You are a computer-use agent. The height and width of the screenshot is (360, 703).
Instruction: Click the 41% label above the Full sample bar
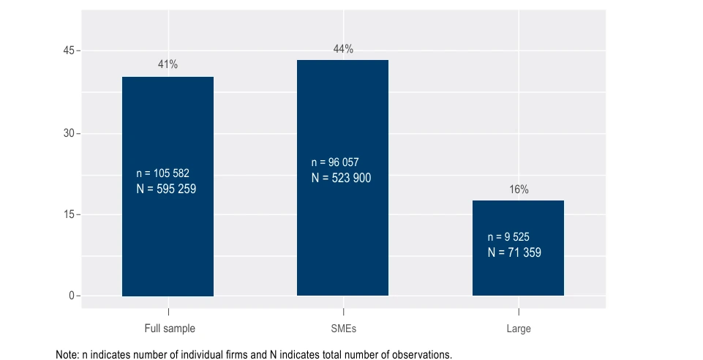click(168, 64)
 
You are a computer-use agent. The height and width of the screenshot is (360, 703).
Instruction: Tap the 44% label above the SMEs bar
click(343, 49)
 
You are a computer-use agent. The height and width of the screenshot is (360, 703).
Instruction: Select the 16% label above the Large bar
click(519, 190)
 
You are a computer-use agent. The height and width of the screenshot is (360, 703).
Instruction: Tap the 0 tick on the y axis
click(72, 296)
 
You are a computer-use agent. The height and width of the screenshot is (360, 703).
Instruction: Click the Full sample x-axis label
click(170, 329)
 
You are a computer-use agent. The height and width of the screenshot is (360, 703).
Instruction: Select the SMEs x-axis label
click(343, 329)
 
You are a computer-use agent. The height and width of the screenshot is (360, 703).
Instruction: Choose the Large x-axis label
click(519, 329)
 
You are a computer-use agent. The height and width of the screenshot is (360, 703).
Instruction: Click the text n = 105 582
click(162, 173)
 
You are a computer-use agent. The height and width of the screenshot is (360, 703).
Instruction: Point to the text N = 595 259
click(166, 189)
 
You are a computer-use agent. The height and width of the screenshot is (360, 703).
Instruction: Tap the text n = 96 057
click(335, 162)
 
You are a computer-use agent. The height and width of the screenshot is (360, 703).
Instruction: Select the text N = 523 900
click(341, 178)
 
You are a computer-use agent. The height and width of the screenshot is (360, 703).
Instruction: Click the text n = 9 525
click(508, 237)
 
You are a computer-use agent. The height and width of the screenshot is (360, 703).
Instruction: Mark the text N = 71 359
click(514, 252)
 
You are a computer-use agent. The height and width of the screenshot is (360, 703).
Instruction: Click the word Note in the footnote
click(66, 355)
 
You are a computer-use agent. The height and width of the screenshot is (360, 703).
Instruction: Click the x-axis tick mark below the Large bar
click(519, 301)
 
